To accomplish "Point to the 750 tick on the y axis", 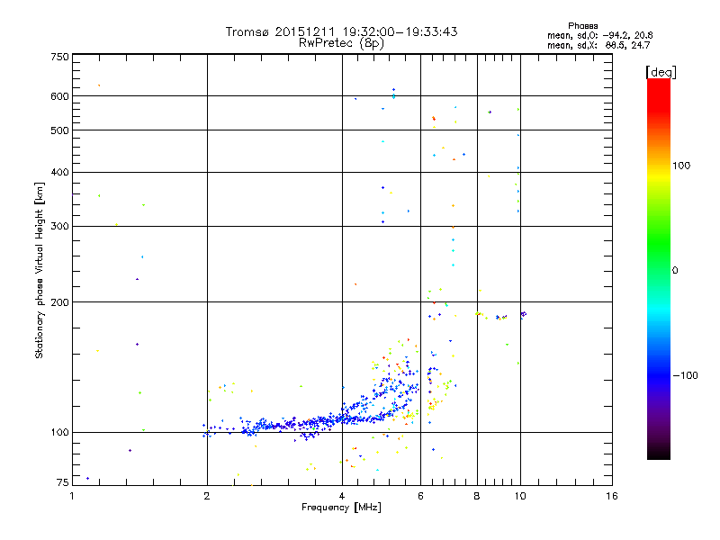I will pyautogui.click(x=59, y=58).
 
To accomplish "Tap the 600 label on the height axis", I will pyautogui.click(x=59, y=96).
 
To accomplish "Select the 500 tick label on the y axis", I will pyautogui.click(x=59, y=130).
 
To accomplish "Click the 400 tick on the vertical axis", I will pyautogui.click(x=59, y=172).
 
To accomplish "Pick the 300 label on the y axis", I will pyautogui.click(x=59, y=226).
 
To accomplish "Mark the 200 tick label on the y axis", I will pyautogui.click(x=59, y=301).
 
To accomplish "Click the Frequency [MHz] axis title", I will pyautogui.click(x=342, y=508).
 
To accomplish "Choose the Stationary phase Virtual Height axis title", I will pyautogui.click(x=40, y=270).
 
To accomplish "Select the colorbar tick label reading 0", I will pyautogui.click(x=676, y=270).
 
